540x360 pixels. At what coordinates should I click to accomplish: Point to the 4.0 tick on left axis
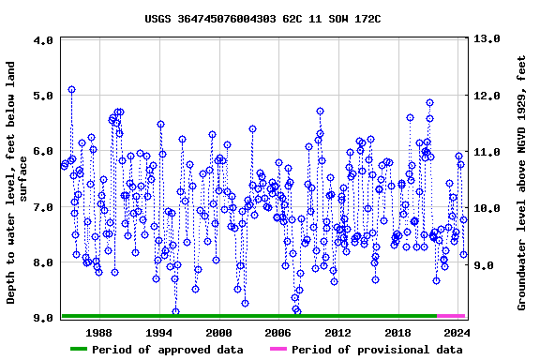[x=43, y=41]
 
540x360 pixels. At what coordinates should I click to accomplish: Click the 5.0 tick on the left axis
[x=43, y=96]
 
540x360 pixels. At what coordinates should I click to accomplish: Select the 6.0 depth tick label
[x=43, y=151]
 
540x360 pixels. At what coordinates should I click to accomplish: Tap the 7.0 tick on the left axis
[x=43, y=207]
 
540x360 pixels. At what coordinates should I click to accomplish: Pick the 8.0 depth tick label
[x=43, y=262]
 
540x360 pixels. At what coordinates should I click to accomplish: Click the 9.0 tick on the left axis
[x=43, y=319]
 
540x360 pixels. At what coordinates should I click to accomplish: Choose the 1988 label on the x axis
[x=98, y=332]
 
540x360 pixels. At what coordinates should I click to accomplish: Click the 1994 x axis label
[x=158, y=332]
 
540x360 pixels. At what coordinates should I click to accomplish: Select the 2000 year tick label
[x=218, y=332]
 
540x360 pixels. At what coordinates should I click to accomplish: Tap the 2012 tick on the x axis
[x=337, y=332]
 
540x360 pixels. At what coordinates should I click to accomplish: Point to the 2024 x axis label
[x=457, y=332]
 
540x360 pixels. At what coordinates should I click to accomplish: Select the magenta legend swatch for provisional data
[x=278, y=350]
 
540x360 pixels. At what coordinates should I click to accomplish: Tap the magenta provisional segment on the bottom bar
[x=451, y=316]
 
